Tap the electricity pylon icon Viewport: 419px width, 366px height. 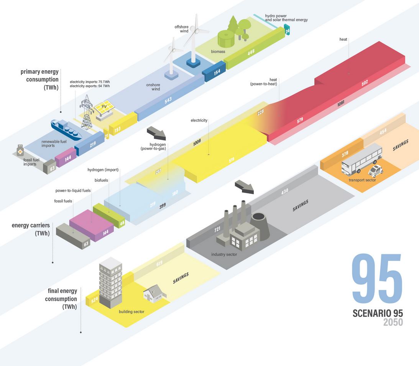(x=87, y=111)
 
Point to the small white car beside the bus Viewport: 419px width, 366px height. (x=376, y=170)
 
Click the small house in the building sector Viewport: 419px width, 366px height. (x=152, y=295)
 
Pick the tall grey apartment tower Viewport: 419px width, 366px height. (x=110, y=283)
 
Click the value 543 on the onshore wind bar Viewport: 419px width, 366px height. (x=168, y=100)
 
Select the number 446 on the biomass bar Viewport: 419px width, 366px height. (x=251, y=52)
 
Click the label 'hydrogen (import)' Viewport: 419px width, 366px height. (x=103, y=170)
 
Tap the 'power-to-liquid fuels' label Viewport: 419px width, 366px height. (x=73, y=190)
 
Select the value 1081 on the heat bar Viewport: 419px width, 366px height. (x=340, y=103)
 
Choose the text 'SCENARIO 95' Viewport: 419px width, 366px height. (x=377, y=313)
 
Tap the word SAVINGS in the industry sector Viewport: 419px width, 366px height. (x=301, y=205)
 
